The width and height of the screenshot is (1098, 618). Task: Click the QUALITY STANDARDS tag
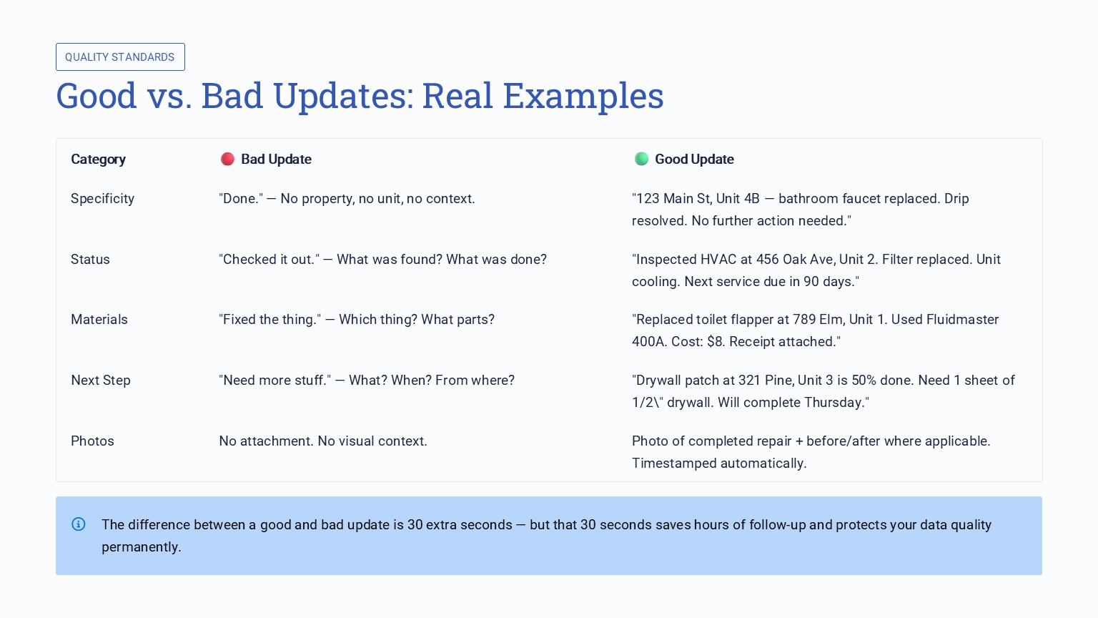(120, 57)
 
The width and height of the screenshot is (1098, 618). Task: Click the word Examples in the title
(583, 96)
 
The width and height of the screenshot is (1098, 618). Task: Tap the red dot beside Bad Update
(227, 159)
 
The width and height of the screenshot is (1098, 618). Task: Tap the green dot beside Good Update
(641, 159)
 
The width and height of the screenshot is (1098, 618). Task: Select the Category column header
(98, 160)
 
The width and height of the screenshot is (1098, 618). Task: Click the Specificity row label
(102, 199)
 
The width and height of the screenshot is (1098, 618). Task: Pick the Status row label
(90, 260)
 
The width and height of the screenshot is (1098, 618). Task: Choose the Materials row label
(99, 320)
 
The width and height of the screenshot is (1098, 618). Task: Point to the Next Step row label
(101, 381)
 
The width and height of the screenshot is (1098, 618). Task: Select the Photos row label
(92, 441)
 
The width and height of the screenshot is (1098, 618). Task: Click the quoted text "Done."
(241, 199)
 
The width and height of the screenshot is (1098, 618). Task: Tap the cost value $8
(715, 342)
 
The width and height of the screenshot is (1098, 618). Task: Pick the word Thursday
(834, 403)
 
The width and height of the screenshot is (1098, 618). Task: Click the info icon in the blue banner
(79, 524)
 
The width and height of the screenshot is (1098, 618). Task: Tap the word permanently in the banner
(141, 547)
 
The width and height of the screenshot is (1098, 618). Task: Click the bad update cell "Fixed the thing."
(270, 320)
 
